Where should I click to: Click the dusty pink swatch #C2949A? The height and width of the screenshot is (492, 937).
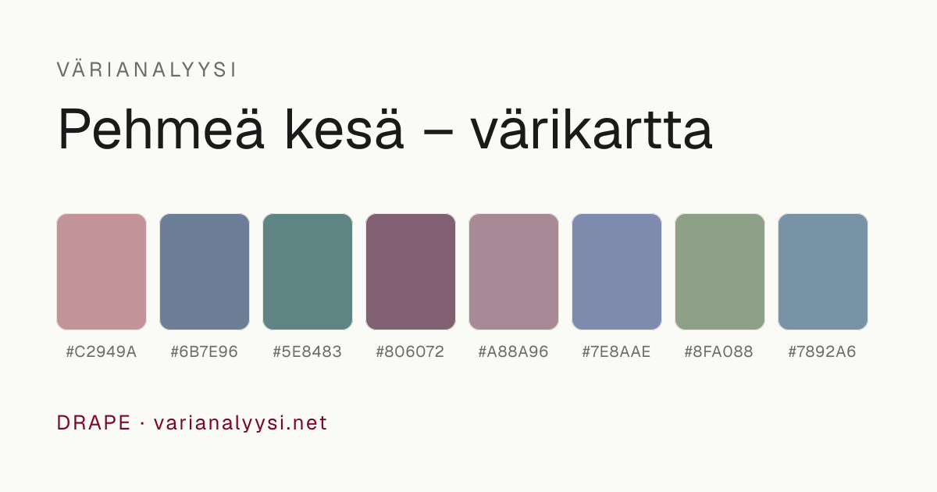102,272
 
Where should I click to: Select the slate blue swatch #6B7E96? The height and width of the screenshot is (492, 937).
205,272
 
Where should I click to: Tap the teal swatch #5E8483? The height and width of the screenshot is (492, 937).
308,272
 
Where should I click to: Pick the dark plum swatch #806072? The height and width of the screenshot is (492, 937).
411,272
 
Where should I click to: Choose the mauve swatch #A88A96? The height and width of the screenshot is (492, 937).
514,272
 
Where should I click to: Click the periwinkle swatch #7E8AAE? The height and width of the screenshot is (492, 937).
617,272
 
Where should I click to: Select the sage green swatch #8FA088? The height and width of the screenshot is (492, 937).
720,272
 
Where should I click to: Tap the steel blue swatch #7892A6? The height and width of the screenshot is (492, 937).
823,272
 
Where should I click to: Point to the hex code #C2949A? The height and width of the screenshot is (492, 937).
102,352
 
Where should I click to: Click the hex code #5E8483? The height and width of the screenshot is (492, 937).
308,352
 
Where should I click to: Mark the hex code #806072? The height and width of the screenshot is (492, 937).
411,352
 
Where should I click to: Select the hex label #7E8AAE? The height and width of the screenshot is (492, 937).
617,352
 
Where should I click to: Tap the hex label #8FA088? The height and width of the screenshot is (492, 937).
719,352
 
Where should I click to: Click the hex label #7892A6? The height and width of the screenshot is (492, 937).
822,352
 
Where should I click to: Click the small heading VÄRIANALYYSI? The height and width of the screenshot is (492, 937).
147,69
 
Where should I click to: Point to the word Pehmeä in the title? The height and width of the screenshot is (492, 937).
161,129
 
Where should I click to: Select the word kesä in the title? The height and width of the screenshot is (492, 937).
344,129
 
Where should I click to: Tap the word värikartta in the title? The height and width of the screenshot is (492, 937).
592,129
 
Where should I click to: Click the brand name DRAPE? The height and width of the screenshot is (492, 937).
94,422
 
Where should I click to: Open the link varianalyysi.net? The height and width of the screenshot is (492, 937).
240,423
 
